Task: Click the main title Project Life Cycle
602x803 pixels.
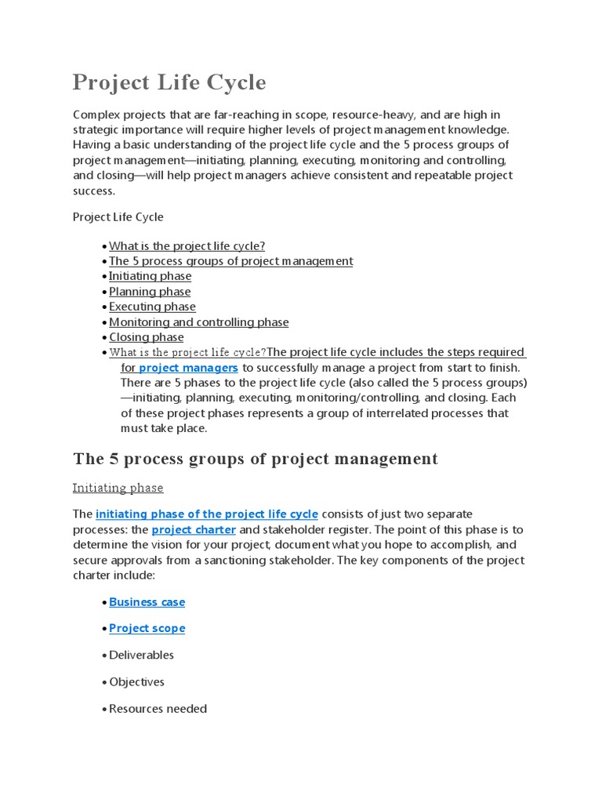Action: [x=169, y=82]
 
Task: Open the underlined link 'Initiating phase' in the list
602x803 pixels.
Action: [x=150, y=276]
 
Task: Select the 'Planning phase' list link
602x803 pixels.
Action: [x=150, y=292]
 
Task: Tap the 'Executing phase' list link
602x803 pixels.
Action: [x=152, y=307]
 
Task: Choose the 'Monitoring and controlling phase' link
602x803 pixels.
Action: [x=198, y=322]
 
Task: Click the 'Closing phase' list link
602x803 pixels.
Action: [x=146, y=337]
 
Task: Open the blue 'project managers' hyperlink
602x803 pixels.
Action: [x=188, y=367]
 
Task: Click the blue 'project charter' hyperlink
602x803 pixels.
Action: [x=194, y=529]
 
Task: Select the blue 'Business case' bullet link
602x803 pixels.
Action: [x=147, y=602]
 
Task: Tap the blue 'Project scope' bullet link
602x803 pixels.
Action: [x=147, y=628]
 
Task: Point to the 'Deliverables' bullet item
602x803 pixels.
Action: [x=141, y=655]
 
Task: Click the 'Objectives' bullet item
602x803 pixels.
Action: [x=136, y=681]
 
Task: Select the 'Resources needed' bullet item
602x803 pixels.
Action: [x=158, y=709]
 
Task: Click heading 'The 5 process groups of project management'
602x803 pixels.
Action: [x=256, y=459]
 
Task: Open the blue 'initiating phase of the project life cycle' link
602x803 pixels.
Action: [x=207, y=514]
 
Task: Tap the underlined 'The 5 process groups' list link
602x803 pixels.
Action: [x=230, y=261]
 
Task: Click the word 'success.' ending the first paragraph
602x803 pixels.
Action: [x=94, y=191]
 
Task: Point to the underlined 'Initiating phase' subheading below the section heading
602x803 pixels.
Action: [x=118, y=488]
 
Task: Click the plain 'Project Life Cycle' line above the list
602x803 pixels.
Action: [x=118, y=217]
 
